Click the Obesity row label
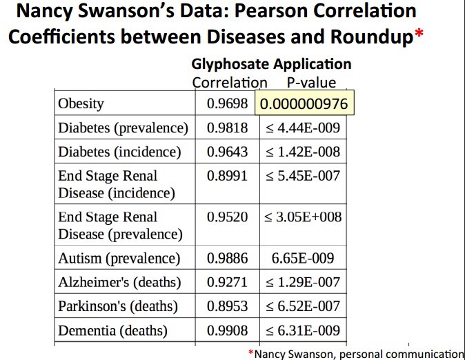tap(81, 104)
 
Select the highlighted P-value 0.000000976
tap(304, 104)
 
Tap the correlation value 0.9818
tap(227, 128)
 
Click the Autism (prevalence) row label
tap(119, 259)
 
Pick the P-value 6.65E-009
tap(304, 259)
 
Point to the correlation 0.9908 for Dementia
tap(227, 330)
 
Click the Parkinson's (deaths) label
tap(117, 306)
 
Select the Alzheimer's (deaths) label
tap(119, 282)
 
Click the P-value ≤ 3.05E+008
tap(302, 217)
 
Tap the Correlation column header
tap(230, 83)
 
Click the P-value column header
tap(311, 83)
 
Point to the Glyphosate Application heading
tap(271, 64)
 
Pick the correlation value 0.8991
tap(227, 176)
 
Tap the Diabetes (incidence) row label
tap(119, 151)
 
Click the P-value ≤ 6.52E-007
tap(302, 306)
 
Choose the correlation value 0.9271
tap(227, 282)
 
